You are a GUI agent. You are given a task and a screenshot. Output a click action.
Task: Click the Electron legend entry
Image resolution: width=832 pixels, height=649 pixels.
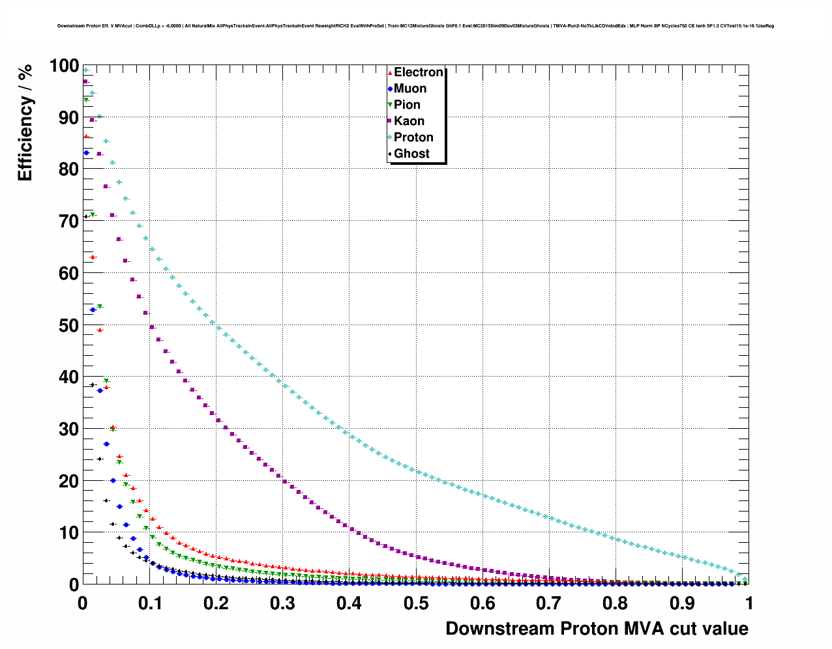(x=418, y=72)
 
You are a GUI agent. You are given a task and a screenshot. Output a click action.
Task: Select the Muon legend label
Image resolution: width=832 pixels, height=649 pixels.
(x=410, y=89)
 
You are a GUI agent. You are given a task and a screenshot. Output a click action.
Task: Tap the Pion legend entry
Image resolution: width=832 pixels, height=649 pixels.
(x=407, y=105)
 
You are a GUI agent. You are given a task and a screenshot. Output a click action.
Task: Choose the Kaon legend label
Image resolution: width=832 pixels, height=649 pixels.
(x=409, y=121)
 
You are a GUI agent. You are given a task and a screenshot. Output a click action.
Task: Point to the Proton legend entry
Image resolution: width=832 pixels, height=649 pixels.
(x=413, y=137)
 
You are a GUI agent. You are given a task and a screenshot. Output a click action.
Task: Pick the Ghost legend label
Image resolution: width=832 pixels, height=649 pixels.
(x=411, y=154)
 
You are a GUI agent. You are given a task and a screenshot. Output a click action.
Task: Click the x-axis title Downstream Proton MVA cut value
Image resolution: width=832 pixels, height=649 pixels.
(x=597, y=629)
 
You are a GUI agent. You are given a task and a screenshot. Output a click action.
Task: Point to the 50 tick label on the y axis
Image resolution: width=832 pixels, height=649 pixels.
(x=68, y=325)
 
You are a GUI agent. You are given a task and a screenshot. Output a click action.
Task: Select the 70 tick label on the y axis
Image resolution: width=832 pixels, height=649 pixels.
(x=68, y=222)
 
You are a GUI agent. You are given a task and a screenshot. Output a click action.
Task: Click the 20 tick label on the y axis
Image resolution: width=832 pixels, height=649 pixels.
(x=68, y=481)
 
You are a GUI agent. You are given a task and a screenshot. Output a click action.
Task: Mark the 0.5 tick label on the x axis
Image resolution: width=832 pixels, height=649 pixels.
(x=415, y=603)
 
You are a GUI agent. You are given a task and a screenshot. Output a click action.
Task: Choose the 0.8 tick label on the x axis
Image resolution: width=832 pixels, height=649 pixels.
(x=616, y=603)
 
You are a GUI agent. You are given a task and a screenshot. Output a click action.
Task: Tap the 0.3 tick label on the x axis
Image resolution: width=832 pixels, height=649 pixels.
(x=282, y=603)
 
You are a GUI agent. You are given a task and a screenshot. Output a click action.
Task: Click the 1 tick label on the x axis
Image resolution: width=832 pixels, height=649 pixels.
(x=749, y=603)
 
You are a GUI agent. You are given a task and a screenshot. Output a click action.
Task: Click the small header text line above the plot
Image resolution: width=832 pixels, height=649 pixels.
(x=415, y=26)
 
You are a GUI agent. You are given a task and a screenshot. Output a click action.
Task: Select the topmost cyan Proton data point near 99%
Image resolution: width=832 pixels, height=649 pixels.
(x=85, y=70)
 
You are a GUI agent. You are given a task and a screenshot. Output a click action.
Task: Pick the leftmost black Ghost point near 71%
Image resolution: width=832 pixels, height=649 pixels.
(x=85, y=217)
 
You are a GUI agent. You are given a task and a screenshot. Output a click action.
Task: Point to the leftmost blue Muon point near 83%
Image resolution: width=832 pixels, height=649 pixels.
(x=86, y=152)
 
